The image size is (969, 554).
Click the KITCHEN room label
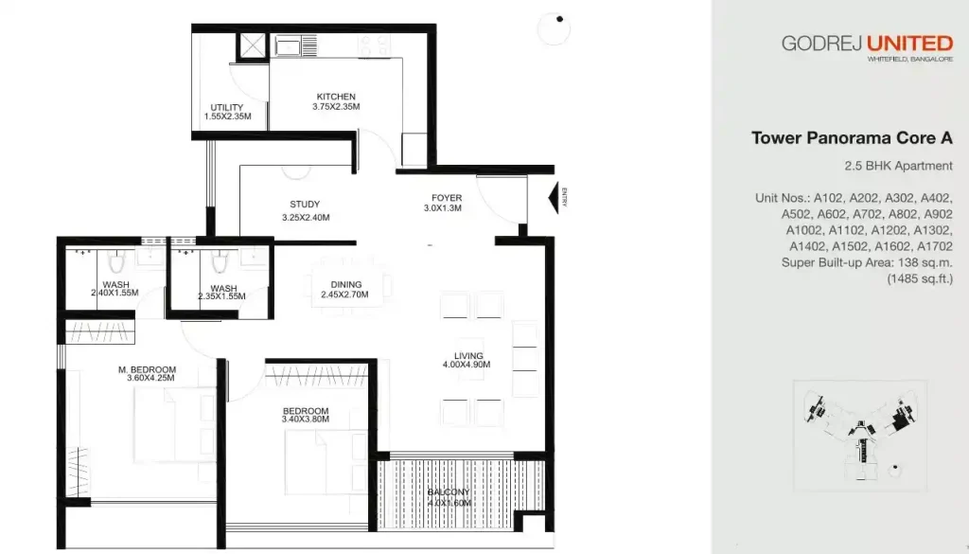click(336, 97)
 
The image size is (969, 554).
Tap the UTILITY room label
click(227, 107)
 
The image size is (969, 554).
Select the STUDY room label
click(305, 205)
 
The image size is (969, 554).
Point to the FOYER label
click(447, 198)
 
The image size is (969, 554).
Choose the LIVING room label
click(468, 356)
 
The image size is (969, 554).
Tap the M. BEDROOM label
click(147, 369)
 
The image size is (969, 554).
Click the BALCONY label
click(449, 492)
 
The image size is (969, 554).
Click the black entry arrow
click(553, 197)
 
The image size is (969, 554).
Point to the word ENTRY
click(565, 197)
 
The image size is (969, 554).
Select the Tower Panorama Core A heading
click(851, 138)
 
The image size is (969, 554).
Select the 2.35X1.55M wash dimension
click(220, 296)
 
